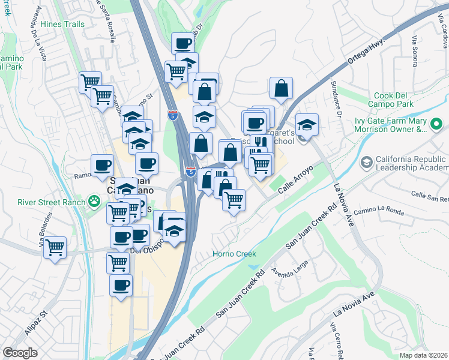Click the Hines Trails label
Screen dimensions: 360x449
tap(63, 24)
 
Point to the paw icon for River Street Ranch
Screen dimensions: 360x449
tap(94, 201)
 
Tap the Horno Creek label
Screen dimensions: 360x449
tap(234, 254)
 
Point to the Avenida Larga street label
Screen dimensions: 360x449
tap(289, 273)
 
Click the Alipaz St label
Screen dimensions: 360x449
tap(37, 322)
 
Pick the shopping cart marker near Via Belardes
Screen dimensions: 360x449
tap(55, 247)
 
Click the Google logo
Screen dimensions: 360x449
tap(20, 353)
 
